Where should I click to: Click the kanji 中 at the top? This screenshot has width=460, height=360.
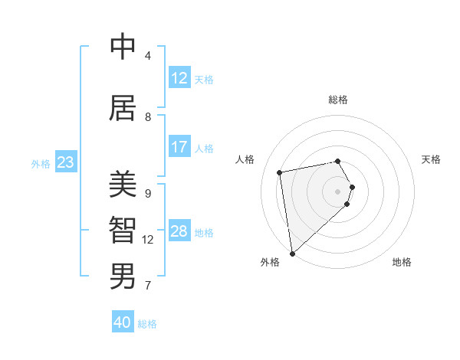tap(123, 47)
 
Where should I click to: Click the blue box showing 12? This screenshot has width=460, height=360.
tap(179, 78)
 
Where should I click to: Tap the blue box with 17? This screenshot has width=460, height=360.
tap(179, 147)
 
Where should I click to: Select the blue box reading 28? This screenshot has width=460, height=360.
tap(179, 231)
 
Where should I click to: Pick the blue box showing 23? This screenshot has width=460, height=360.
tap(65, 162)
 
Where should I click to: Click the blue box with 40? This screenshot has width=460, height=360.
tap(123, 322)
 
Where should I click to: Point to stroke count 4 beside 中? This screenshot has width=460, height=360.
tap(148, 56)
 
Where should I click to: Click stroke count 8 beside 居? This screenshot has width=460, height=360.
tap(148, 117)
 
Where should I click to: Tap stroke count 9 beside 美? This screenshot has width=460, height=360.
tap(148, 193)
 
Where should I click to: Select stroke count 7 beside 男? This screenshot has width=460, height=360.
tap(148, 286)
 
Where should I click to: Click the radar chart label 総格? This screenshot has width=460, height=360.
tap(338, 100)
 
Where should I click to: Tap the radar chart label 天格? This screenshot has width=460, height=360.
tap(432, 159)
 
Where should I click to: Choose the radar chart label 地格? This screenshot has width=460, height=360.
tap(402, 263)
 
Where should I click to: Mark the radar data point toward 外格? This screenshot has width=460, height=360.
tap(292, 253)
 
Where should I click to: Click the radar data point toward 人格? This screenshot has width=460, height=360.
tap(280, 172)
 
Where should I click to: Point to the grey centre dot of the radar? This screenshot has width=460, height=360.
tap(338, 191)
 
